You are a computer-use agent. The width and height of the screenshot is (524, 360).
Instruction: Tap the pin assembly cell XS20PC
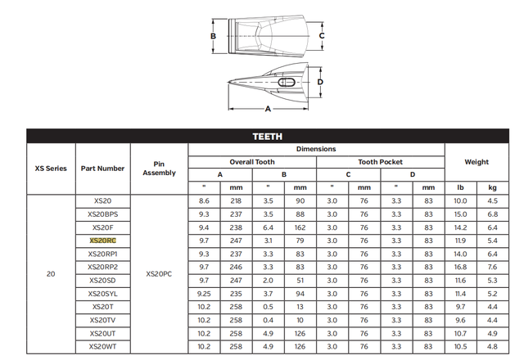pyautogui.click(x=159, y=273)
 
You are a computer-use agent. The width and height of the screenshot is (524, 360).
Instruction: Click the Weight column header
pyautogui.click(x=477, y=162)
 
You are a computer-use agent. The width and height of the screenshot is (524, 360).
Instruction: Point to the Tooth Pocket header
pyautogui.click(x=380, y=162)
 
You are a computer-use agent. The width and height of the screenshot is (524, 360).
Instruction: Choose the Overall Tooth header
pyautogui.click(x=252, y=162)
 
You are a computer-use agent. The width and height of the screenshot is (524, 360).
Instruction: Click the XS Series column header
pyautogui.click(x=51, y=169)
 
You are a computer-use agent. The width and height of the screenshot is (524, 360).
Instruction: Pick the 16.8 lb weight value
pyautogui.click(x=460, y=267)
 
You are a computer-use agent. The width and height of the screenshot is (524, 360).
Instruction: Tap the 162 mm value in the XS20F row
pyautogui.click(x=300, y=227)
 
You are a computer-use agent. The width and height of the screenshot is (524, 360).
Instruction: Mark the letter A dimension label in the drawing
pyautogui.click(x=267, y=108)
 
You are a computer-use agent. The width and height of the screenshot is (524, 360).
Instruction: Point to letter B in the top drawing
pyautogui.click(x=213, y=37)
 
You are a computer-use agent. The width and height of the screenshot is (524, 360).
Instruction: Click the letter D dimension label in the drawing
pyautogui.click(x=321, y=82)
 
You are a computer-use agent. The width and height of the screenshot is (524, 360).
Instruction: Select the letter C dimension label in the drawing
pyautogui.click(x=322, y=37)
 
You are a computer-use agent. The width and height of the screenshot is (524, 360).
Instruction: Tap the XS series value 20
pyautogui.click(x=51, y=273)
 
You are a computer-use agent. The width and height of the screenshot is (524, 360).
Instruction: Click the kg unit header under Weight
pyautogui.click(x=492, y=187)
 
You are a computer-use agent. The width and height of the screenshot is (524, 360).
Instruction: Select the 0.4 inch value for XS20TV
pyautogui.click(x=269, y=319)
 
